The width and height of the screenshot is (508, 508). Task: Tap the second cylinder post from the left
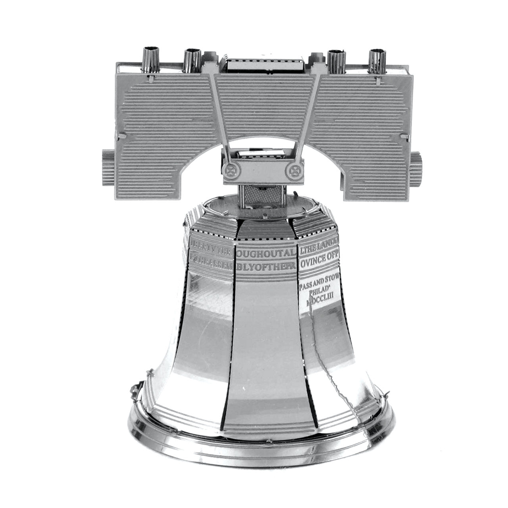tap(192, 61)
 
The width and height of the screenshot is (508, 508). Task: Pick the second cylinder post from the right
tap(337, 61)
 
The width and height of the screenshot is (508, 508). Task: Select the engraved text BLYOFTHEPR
tap(266, 266)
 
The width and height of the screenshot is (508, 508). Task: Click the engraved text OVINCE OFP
tap(319, 260)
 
